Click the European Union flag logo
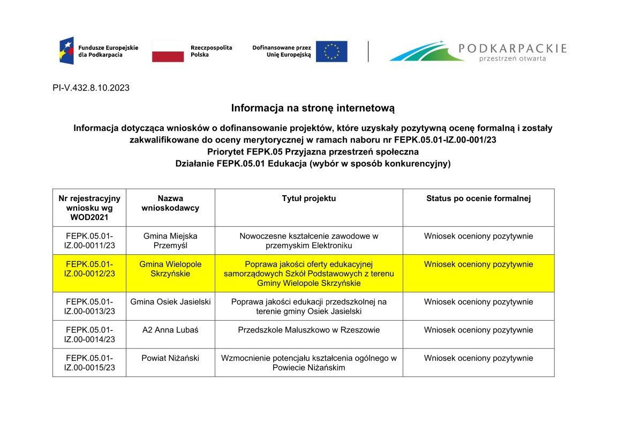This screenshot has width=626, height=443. [331, 51]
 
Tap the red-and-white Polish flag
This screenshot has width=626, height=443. [168, 51]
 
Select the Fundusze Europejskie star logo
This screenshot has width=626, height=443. [66, 51]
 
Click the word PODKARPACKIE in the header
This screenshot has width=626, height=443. [512, 48]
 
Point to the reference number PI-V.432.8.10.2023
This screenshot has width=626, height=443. [91, 88]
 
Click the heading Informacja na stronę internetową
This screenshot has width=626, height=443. [313, 108]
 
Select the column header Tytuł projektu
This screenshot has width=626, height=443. [309, 198]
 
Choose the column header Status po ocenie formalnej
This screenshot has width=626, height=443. [478, 198]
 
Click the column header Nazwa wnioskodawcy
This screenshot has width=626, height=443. [170, 203]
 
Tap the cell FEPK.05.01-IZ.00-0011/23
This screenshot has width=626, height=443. [89, 241]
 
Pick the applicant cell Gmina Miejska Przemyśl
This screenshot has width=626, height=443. [170, 241]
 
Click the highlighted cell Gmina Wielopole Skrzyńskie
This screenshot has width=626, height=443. [170, 269]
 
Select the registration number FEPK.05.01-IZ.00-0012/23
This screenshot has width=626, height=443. [89, 269]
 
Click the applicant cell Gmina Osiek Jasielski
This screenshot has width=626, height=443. [170, 302]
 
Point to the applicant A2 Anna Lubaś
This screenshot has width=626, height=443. [170, 330]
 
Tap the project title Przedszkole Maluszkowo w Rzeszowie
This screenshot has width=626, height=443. [309, 330]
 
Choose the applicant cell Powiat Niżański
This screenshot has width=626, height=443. [170, 358]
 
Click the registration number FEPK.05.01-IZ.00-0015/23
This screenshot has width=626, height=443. [89, 363]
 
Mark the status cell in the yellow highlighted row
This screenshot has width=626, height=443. [478, 264]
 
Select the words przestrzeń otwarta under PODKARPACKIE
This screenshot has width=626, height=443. [512, 58]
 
